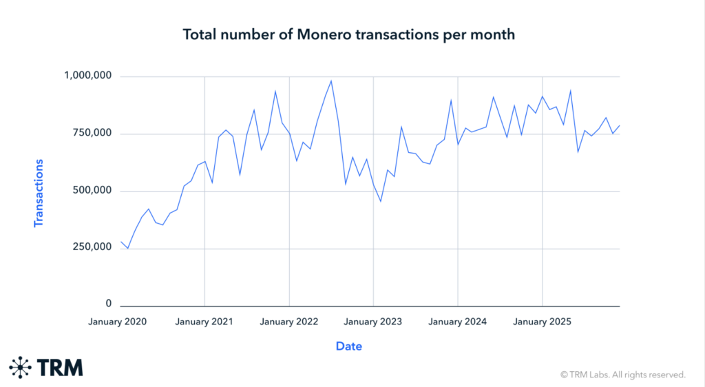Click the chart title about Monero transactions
[348, 34]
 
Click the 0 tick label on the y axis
[109, 304]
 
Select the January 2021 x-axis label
[204, 322]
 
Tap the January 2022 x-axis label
[289, 322]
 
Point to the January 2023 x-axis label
[373, 322]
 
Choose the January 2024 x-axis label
[458, 322]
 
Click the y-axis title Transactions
[39, 193]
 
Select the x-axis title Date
[349, 346]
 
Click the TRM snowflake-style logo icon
[21, 368]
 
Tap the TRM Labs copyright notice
[623, 375]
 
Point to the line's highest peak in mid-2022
[331, 81]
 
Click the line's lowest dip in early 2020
[128, 248]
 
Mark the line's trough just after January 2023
[381, 201]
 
